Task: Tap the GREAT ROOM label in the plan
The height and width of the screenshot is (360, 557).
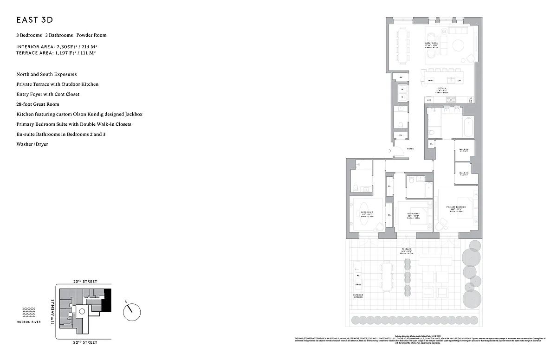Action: point(432,43)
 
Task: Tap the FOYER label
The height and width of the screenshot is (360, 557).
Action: point(410,149)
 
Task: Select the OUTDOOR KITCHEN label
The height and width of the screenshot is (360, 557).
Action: point(357,296)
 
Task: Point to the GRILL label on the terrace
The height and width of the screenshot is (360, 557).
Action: point(358,284)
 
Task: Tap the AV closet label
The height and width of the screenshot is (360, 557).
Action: point(401,77)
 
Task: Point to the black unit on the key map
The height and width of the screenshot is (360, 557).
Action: point(108,300)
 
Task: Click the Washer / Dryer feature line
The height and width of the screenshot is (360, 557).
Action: point(32,144)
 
